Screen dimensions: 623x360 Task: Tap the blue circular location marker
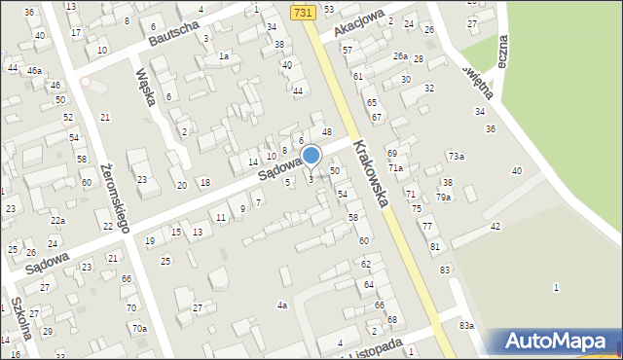(x=311, y=156)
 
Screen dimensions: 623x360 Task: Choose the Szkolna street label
(x=20, y=317)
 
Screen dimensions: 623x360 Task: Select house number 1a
(x=223, y=56)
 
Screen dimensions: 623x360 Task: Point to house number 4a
(x=282, y=306)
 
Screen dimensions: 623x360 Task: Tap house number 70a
(x=139, y=329)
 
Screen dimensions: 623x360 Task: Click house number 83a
(x=467, y=325)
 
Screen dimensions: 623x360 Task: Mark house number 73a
(x=456, y=157)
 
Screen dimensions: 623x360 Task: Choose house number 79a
(x=443, y=198)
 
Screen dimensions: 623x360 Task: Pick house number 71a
(x=396, y=168)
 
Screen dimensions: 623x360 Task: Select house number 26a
(x=400, y=56)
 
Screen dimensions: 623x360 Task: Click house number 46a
(x=34, y=71)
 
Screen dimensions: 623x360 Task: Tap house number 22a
(x=58, y=222)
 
